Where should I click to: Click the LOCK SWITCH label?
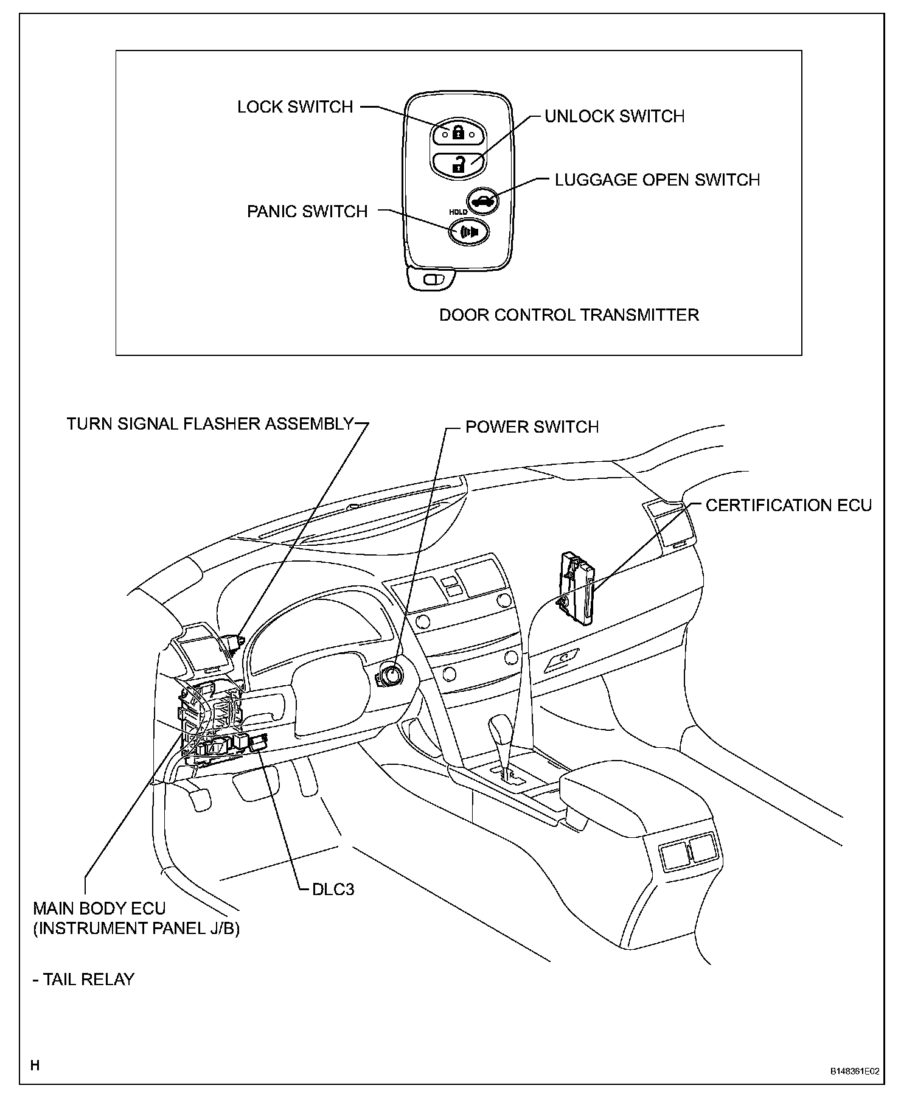pos(295,107)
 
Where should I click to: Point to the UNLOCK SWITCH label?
pos(614,116)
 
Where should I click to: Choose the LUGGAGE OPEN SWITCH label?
pos(657,180)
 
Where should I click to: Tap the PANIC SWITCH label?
pos(307,212)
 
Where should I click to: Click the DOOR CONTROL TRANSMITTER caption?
pos(569,315)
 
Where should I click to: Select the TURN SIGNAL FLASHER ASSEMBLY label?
pos(210,424)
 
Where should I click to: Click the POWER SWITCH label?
pos(532,427)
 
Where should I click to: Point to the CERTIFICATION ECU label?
pos(788,506)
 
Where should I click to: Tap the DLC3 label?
pos(333,890)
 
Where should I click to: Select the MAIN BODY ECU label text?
pos(99,909)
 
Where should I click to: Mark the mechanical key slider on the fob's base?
pos(433,280)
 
